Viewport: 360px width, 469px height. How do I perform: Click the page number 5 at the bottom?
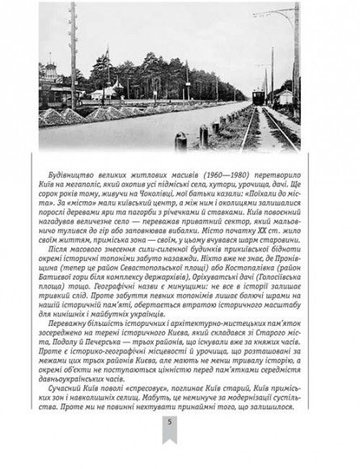(179, 444)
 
